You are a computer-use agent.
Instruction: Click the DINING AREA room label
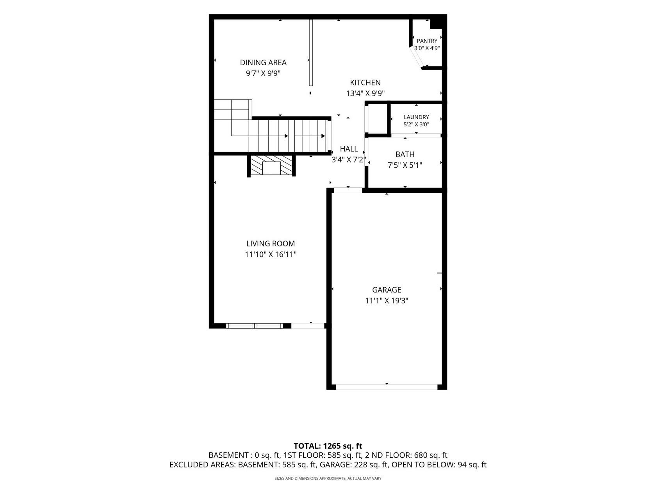pos(263,62)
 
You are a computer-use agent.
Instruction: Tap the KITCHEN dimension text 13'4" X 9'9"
pos(365,93)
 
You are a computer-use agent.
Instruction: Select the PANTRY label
pos(427,41)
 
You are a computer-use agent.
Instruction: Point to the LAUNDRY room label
pos(416,117)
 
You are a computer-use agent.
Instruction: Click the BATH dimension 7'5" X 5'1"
pos(405,165)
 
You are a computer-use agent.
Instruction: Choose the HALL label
pos(349,149)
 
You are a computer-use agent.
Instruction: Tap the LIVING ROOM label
pos(271,243)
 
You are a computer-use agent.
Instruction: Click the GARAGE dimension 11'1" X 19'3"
pos(387,301)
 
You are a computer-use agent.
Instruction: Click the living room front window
pos(254,326)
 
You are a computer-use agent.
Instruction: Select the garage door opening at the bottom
pos(387,387)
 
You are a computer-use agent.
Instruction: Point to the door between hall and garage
pos(348,190)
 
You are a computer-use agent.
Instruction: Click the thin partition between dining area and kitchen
pos(311,53)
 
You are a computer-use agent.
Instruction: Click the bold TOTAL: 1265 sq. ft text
pos(328,446)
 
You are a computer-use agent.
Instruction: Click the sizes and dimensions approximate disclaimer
pos(328,478)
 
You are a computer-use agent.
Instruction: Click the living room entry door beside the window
pos(308,326)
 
